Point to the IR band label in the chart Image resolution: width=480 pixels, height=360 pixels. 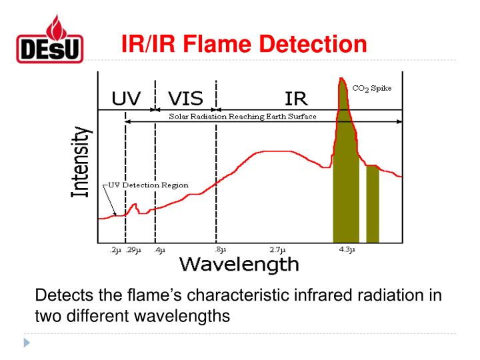295,99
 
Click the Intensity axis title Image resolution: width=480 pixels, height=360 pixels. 81,162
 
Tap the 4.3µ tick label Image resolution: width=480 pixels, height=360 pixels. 347,250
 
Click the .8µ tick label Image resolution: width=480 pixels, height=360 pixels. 216,250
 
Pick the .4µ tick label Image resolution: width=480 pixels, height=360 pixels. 159,250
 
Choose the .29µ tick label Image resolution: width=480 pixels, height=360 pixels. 134,250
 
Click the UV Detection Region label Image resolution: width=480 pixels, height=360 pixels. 146,185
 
